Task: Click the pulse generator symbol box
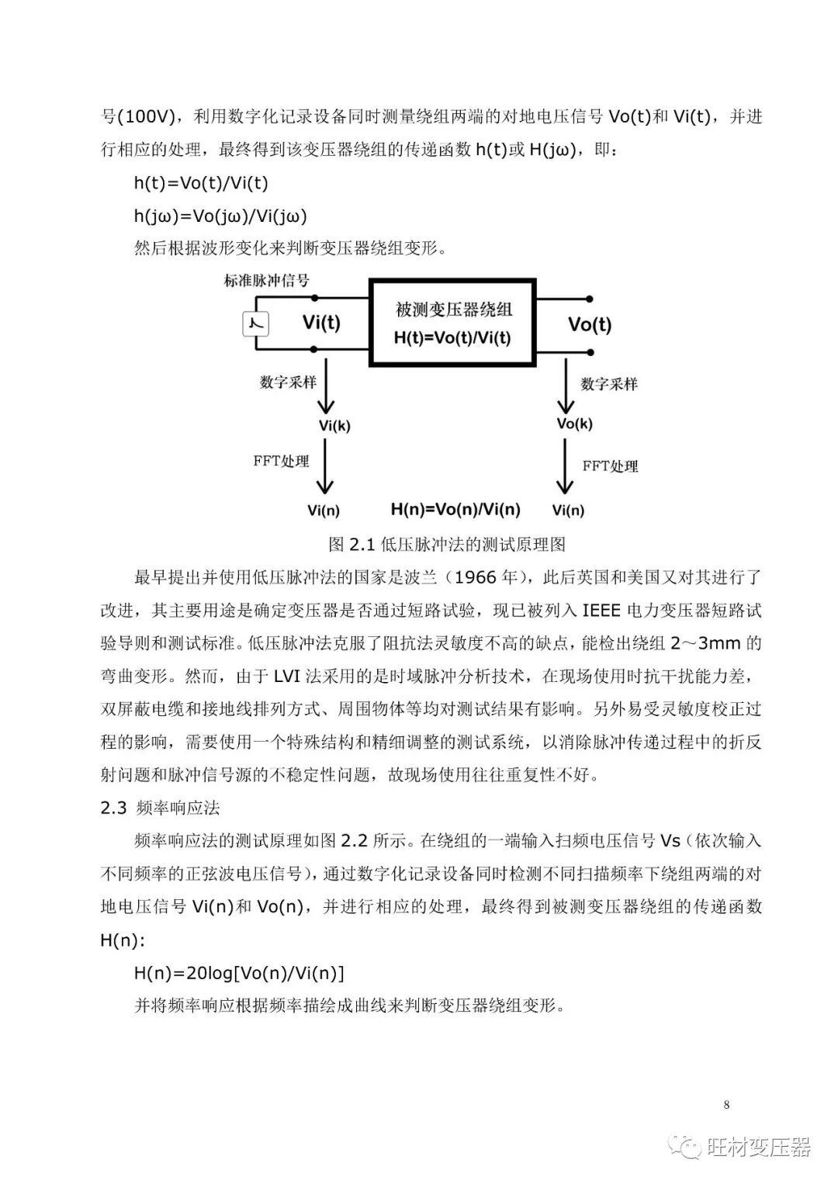(255, 323)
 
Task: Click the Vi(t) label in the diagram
(321, 322)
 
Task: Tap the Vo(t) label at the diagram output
(589, 324)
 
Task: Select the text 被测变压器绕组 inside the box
(454, 310)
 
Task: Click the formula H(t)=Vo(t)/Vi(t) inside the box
(452, 338)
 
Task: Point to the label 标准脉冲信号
(266, 280)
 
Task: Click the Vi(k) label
(334, 425)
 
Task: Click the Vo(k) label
(574, 424)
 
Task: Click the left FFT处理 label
(281, 461)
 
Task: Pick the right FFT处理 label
(610, 466)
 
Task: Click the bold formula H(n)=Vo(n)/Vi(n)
(455, 510)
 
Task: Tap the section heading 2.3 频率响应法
(160, 808)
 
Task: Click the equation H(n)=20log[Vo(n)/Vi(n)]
(239, 973)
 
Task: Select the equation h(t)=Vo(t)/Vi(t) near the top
(201, 183)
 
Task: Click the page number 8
(725, 1105)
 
